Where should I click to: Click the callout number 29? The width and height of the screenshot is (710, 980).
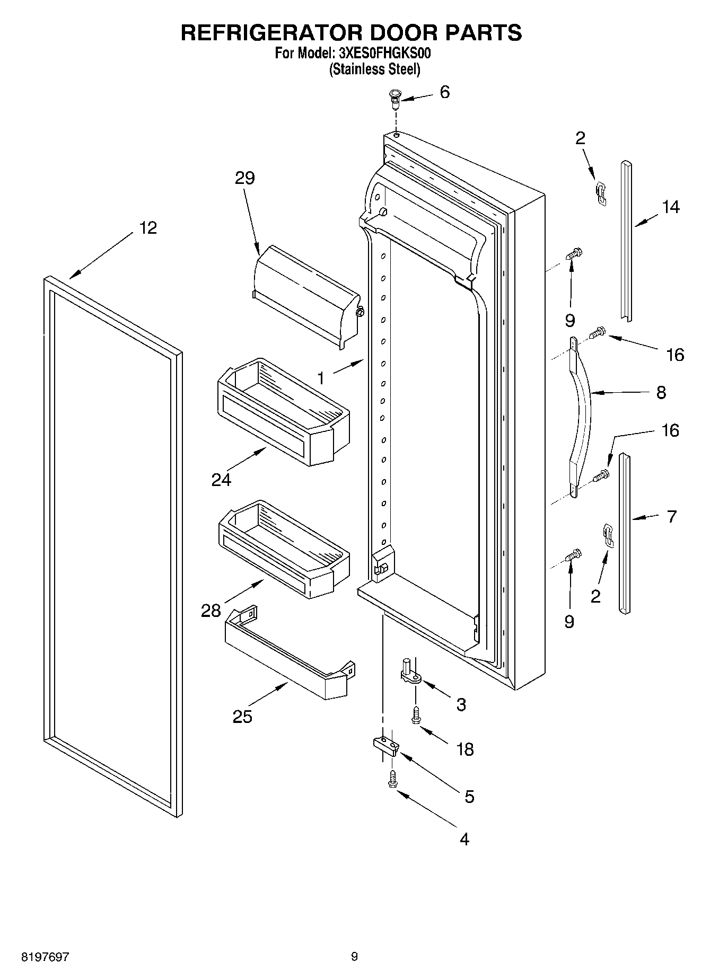245,178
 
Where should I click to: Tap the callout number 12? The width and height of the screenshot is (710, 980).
148,228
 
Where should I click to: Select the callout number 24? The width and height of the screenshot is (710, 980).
221,480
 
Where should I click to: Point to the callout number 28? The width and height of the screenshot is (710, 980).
211,611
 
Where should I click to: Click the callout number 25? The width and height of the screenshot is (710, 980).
242,717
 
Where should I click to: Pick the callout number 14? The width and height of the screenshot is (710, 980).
671,207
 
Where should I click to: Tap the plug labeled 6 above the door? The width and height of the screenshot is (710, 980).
395,99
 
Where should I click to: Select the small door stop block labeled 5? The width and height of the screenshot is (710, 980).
386,744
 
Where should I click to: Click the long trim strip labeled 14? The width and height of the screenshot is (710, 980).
626,241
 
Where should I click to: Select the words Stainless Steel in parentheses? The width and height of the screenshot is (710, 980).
374,69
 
